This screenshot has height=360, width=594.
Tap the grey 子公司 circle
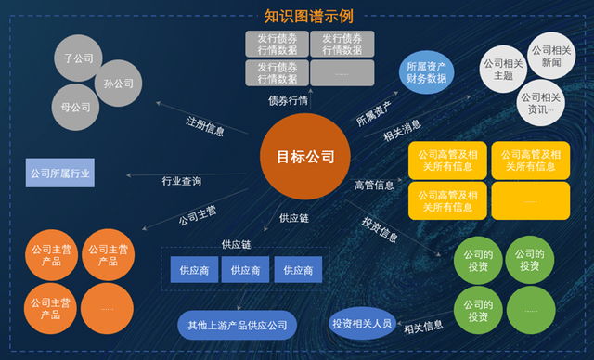click(79, 58)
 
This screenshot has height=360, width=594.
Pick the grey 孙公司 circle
click(120, 83)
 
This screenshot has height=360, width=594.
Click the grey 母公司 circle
click(75, 106)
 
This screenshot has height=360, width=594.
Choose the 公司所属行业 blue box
click(60, 174)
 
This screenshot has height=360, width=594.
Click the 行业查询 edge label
click(181, 181)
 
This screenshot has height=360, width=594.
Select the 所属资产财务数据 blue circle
click(426, 72)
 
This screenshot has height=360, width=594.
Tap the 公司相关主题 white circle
click(503, 69)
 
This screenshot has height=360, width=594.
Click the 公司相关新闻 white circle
click(550, 56)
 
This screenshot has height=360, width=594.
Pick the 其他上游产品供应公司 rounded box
click(238, 326)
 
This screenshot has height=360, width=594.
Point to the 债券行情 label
click(288, 100)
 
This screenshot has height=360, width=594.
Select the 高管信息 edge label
click(374, 186)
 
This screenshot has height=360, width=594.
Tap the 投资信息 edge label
click(380, 229)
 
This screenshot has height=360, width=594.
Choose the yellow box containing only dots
click(530, 200)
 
